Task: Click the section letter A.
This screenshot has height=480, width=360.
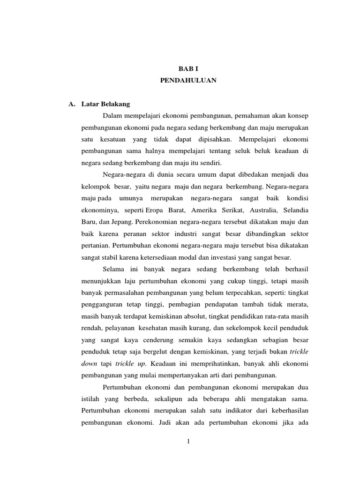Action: point(72,103)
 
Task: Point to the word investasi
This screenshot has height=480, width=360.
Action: point(225,257)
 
